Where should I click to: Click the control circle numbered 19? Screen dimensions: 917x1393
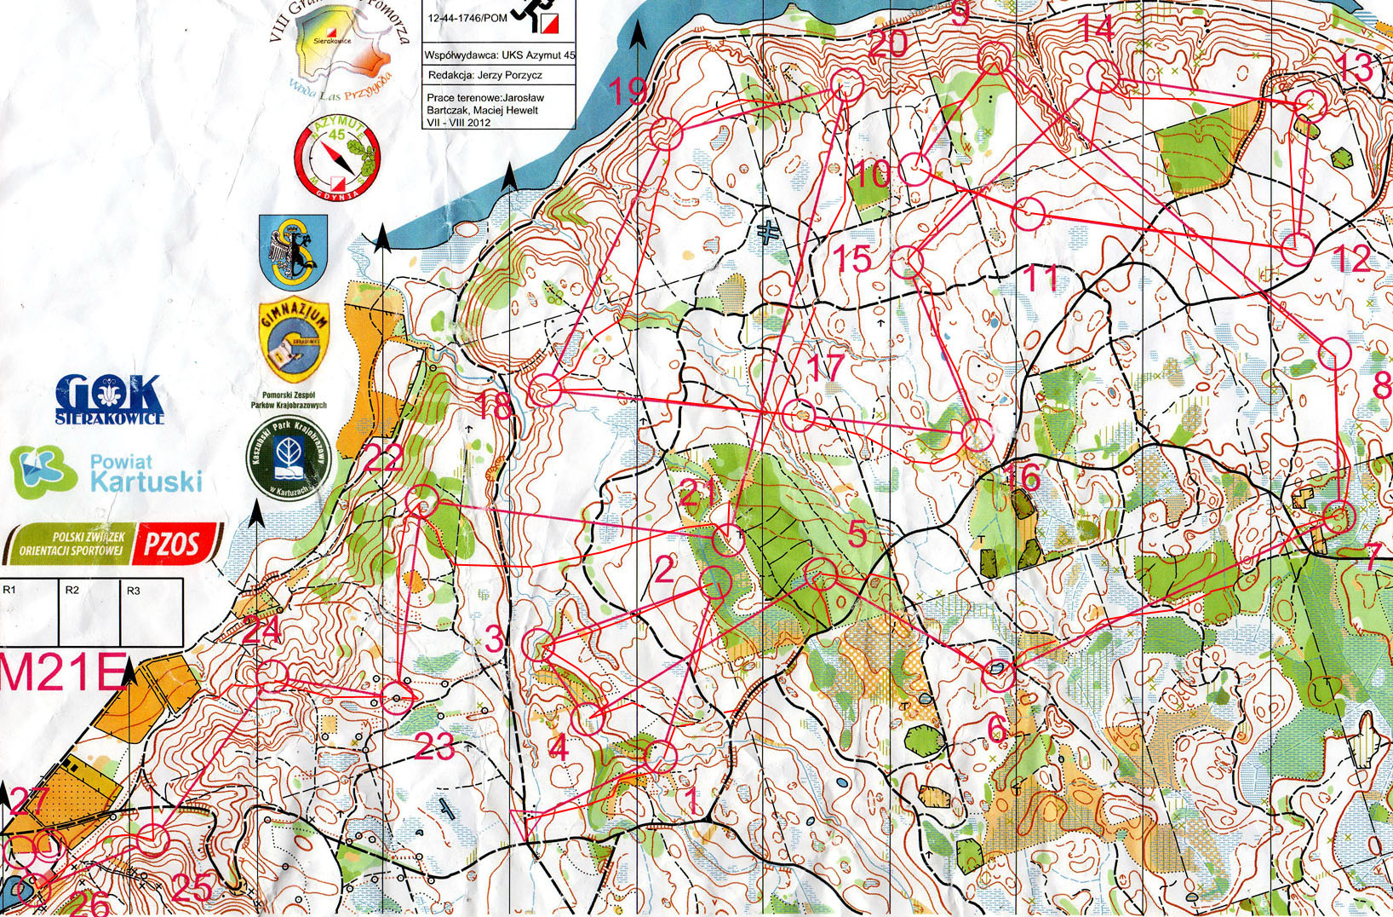(x=666, y=135)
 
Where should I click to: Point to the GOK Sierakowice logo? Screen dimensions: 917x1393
(x=109, y=399)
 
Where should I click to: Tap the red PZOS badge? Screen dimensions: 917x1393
(x=175, y=543)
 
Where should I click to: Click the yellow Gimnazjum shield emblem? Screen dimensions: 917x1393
(x=293, y=341)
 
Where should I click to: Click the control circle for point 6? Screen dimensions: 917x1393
(x=998, y=674)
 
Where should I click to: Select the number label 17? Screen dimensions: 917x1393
(x=824, y=366)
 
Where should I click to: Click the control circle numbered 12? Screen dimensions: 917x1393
(x=1297, y=248)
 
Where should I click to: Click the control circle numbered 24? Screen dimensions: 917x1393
(x=272, y=675)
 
